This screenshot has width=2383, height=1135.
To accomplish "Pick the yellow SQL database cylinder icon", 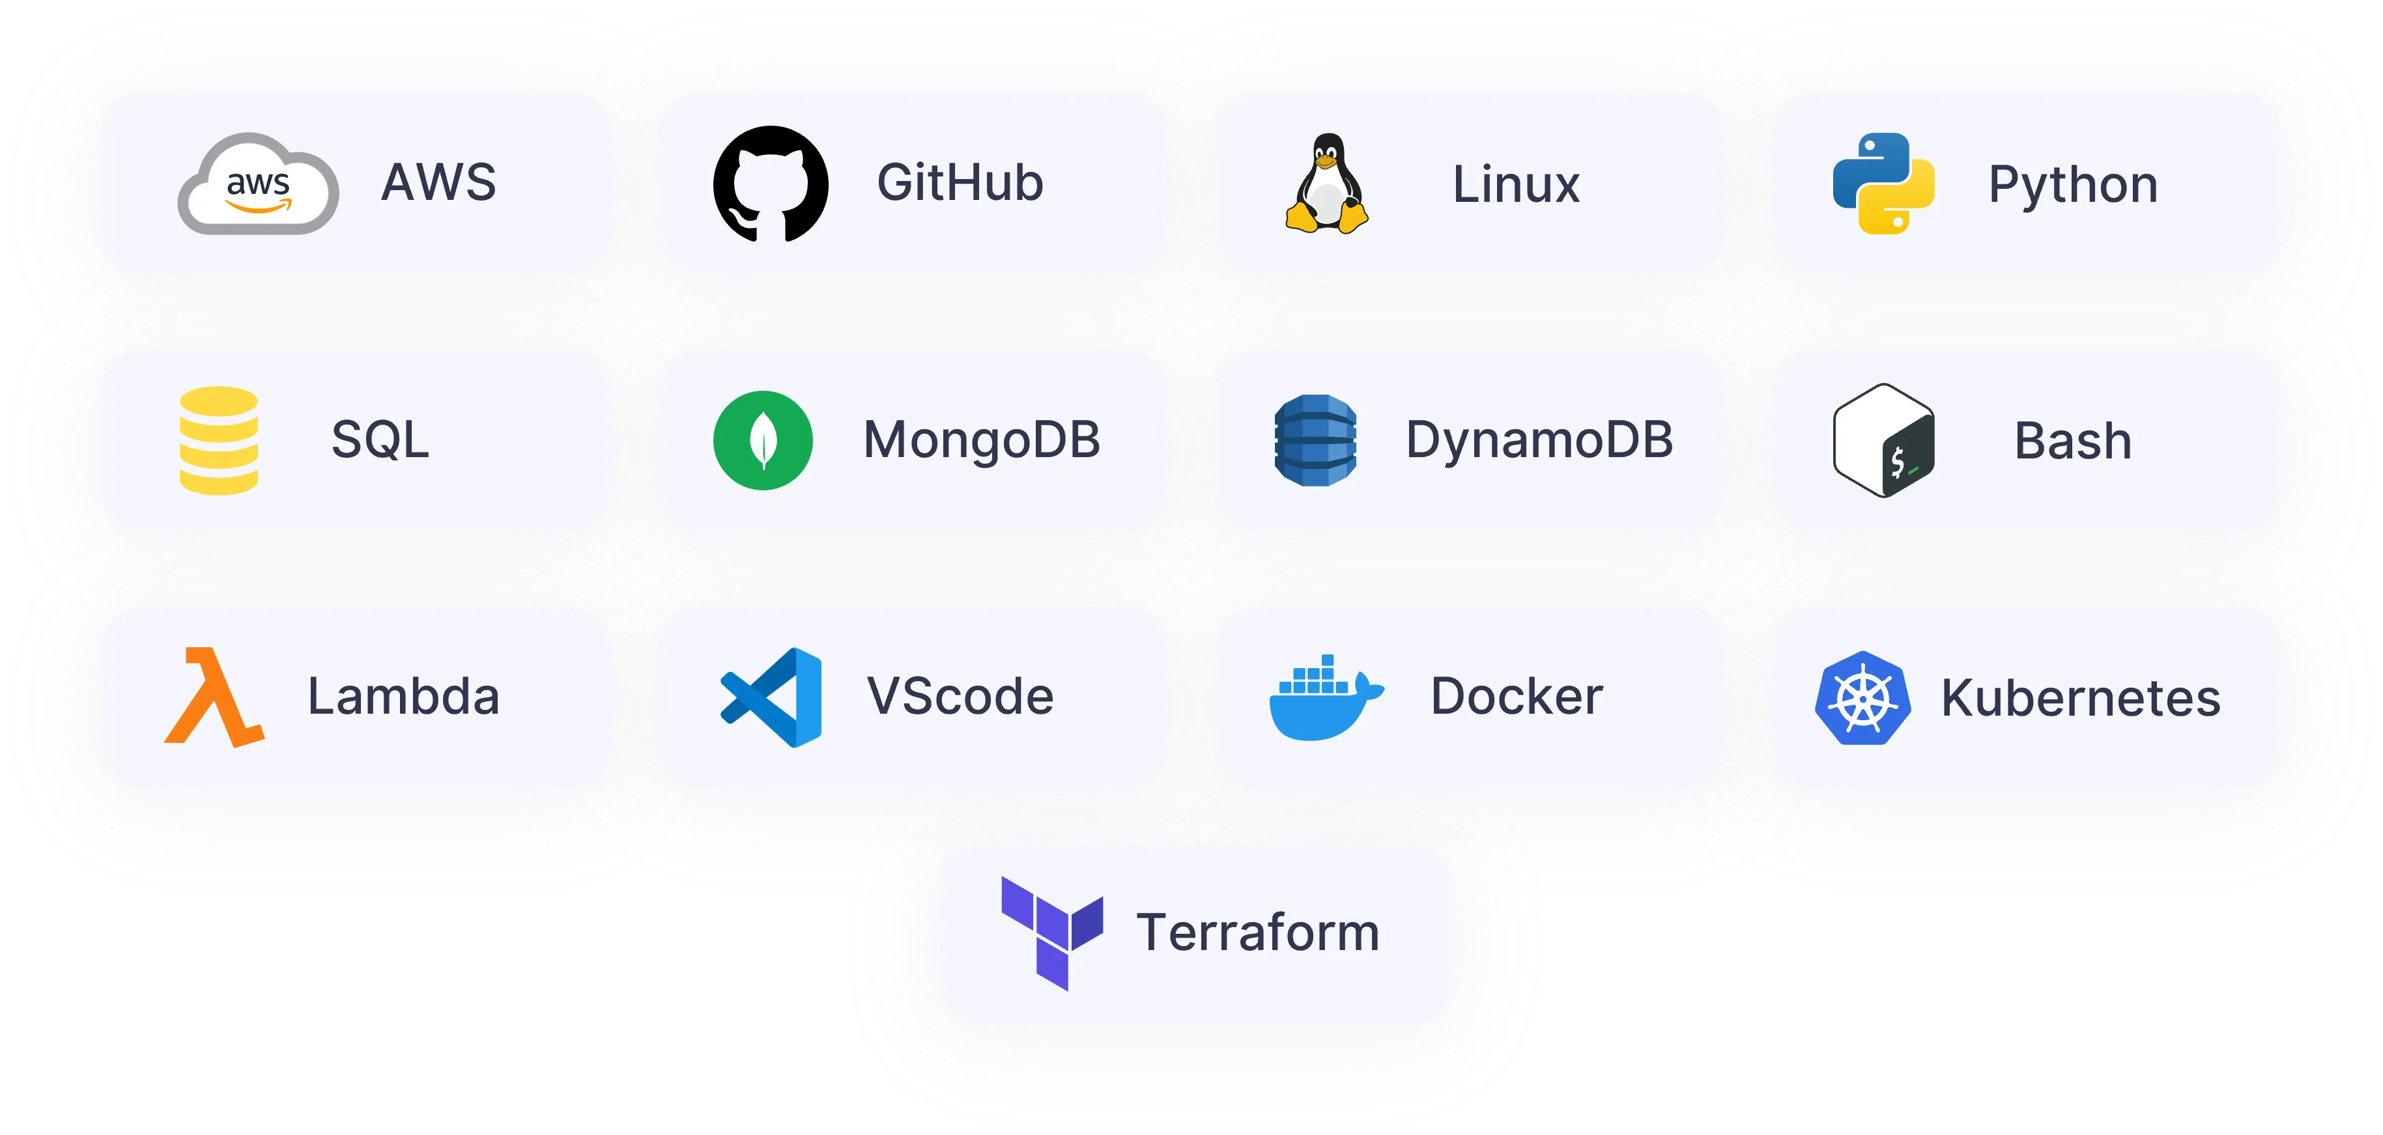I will coord(218,440).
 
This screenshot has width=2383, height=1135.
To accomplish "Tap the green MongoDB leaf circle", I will coord(763,440).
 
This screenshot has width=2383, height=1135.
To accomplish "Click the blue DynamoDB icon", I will coord(1315,440).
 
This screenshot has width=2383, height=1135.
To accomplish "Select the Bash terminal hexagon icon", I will coord(1883,440).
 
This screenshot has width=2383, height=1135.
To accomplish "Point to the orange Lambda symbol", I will coord(214,697).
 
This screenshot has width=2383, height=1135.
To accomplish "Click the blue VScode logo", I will coord(771,697).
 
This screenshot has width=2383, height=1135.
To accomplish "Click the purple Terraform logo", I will coord(1052,932).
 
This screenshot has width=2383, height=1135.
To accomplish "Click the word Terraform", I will coord(1258,932).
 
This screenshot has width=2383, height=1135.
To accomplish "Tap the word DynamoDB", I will coord(1539,440).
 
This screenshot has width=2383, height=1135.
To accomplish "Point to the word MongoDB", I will coord(982,440).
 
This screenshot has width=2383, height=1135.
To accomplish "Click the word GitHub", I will coord(960,183).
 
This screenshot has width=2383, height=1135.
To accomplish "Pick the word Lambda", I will coord(403,697).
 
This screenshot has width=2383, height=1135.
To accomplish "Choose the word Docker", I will coord(1516,697).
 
